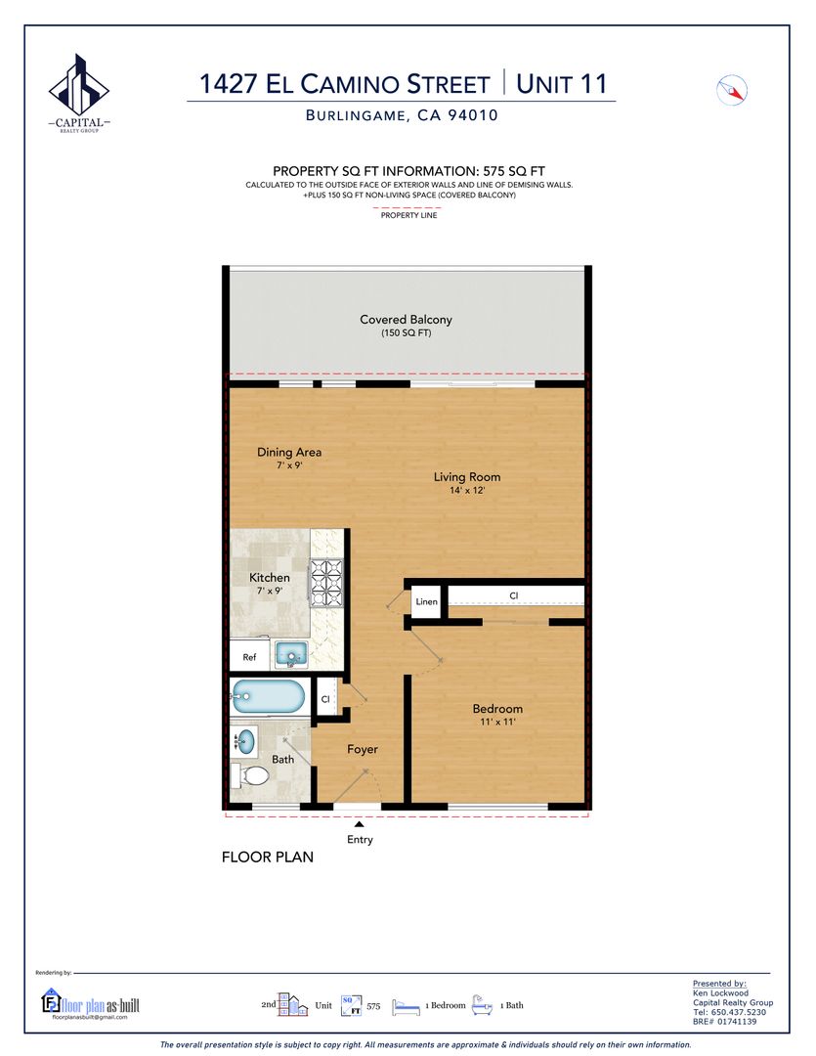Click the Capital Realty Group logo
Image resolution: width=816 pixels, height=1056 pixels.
pos(79,93)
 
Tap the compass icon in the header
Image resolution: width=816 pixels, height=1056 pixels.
pos(732,90)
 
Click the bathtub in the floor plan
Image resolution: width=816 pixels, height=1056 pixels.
pos(269,696)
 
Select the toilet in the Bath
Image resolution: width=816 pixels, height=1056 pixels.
pos(249,775)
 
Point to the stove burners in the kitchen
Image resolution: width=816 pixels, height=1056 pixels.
pos(325,582)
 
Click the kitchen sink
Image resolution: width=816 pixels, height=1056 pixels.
pos(291,654)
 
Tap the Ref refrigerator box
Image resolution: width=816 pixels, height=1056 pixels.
pos(250,656)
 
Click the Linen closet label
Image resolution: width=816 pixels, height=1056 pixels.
pos(427,601)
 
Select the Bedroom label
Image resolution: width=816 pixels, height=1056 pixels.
pos(497,709)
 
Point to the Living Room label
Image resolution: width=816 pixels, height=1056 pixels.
pos(466,477)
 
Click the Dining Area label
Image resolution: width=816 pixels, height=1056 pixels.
pos(289,452)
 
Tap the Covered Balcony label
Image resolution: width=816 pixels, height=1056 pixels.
pos(406,319)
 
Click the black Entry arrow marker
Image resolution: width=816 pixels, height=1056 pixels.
pos(360,823)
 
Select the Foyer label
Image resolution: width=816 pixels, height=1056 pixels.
pos(363,749)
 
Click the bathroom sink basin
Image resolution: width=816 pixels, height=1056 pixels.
pos(245,741)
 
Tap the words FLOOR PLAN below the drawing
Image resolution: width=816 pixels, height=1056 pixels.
pos(268,857)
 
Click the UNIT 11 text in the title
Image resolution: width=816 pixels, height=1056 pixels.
pos(562,83)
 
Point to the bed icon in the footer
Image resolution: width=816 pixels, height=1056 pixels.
pos(406,1006)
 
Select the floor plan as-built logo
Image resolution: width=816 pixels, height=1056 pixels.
pos(90,1004)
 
